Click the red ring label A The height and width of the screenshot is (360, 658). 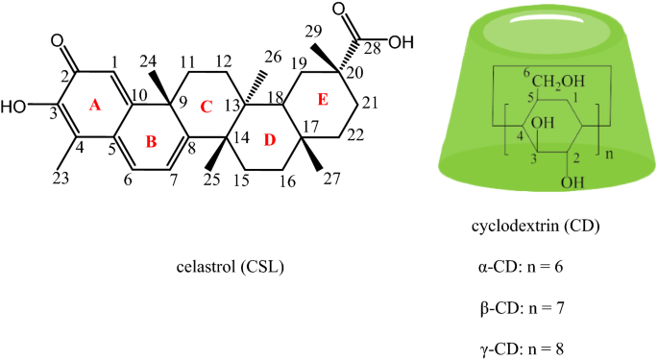[95, 108]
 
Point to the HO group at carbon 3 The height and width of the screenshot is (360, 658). [17, 107]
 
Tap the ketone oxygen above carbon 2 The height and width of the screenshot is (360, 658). [60, 40]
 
